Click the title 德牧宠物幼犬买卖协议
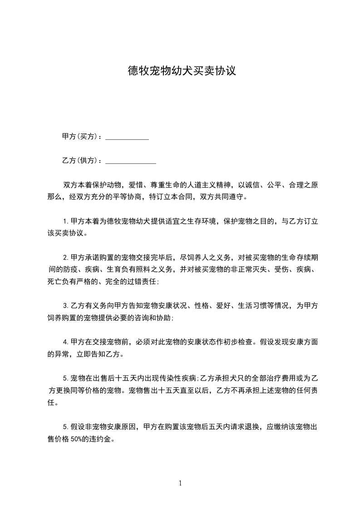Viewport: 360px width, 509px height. [x=182, y=71]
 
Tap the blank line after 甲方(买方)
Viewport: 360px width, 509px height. [x=127, y=138]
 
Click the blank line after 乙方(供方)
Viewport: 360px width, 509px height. [x=131, y=162]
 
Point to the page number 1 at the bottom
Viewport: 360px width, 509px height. [x=180, y=483]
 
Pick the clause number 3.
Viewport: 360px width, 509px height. [x=64, y=305]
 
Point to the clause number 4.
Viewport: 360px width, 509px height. [x=64, y=342]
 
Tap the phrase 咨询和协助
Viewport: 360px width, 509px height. [x=153, y=318]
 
